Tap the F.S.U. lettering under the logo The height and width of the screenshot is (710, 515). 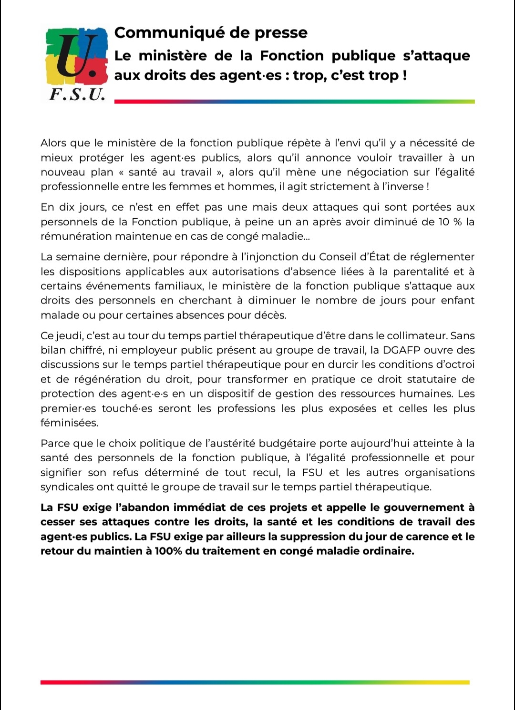click(77, 94)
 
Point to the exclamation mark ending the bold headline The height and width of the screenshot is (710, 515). click(404, 75)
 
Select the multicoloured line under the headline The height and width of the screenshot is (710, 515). click(294, 101)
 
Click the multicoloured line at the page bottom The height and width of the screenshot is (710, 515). click(255, 682)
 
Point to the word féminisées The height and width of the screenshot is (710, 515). click(69, 423)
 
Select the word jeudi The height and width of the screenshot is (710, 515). click(69, 336)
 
